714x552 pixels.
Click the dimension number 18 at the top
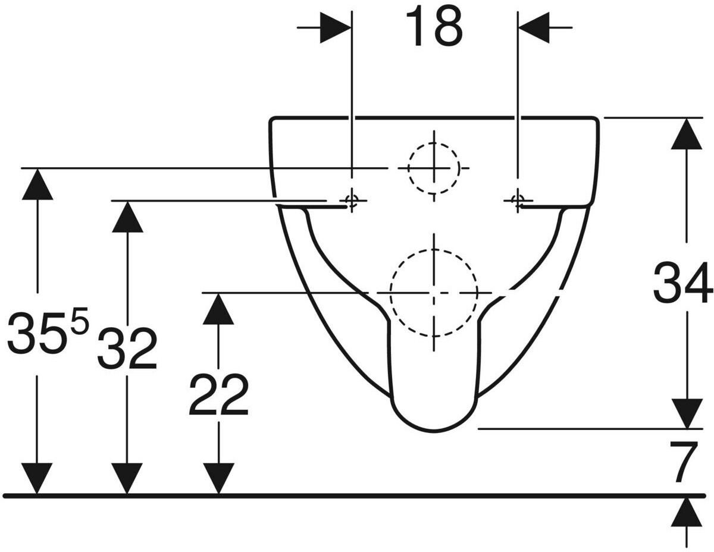pyautogui.click(x=433, y=27)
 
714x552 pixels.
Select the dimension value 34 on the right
pyautogui.click(x=682, y=284)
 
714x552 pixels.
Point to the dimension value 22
pyautogui.click(x=218, y=395)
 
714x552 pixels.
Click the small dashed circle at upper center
pyautogui.click(x=433, y=168)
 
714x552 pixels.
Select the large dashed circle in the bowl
pyautogui.click(x=434, y=293)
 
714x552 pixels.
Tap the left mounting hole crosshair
pyautogui.click(x=352, y=201)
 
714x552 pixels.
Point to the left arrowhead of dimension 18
pyautogui.click(x=335, y=27)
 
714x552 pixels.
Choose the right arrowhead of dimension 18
pyautogui.click(x=534, y=27)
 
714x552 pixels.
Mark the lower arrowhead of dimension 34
pyautogui.click(x=687, y=413)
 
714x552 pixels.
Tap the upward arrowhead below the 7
pyautogui.click(x=687, y=512)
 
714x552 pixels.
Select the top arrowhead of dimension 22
pyautogui.click(x=218, y=308)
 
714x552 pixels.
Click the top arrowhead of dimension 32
pyautogui.click(x=127, y=217)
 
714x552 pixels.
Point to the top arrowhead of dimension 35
pyautogui.click(x=37, y=184)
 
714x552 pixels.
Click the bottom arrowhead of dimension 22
pyautogui.click(x=218, y=479)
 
